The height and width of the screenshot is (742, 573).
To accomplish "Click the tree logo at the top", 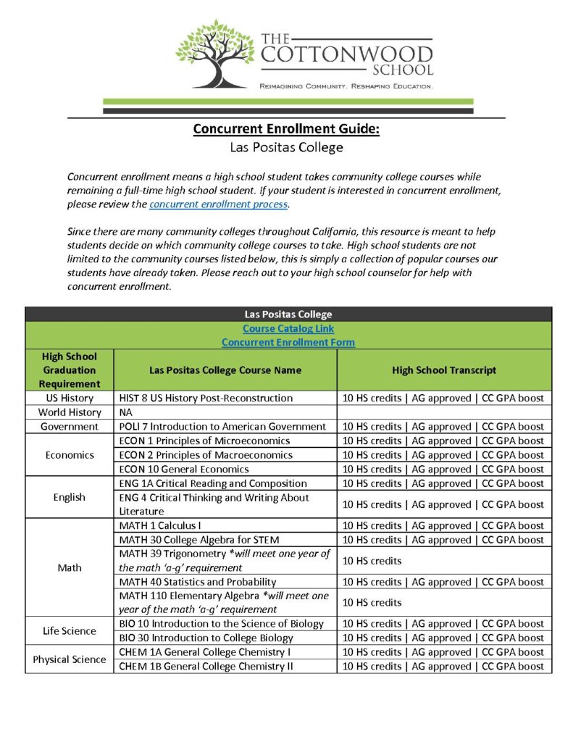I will click(x=215, y=54).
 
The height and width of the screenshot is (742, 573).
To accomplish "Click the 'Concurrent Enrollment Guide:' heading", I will click(x=286, y=130).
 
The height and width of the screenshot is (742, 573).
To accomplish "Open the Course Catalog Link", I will click(x=288, y=328).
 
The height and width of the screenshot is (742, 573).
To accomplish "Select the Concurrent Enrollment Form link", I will click(x=288, y=342).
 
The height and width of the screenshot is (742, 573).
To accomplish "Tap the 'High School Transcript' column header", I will click(x=444, y=370).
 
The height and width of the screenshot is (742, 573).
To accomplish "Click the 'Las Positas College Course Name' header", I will click(x=225, y=370).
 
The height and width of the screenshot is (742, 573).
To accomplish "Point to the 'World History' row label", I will click(x=70, y=412).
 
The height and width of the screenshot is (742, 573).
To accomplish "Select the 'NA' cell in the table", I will click(x=126, y=412).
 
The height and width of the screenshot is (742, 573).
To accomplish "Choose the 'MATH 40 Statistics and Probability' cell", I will click(x=198, y=582).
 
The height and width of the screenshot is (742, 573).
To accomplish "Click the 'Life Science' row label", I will click(x=70, y=630).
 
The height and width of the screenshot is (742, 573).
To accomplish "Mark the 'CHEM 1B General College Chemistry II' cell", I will click(x=206, y=667).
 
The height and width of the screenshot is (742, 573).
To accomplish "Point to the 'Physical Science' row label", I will click(x=70, y=659).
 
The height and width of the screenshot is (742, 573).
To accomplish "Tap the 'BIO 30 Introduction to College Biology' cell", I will click(x=206, y=638).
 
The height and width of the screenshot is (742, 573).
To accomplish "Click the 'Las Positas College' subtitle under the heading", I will click(x=286, y=148).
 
